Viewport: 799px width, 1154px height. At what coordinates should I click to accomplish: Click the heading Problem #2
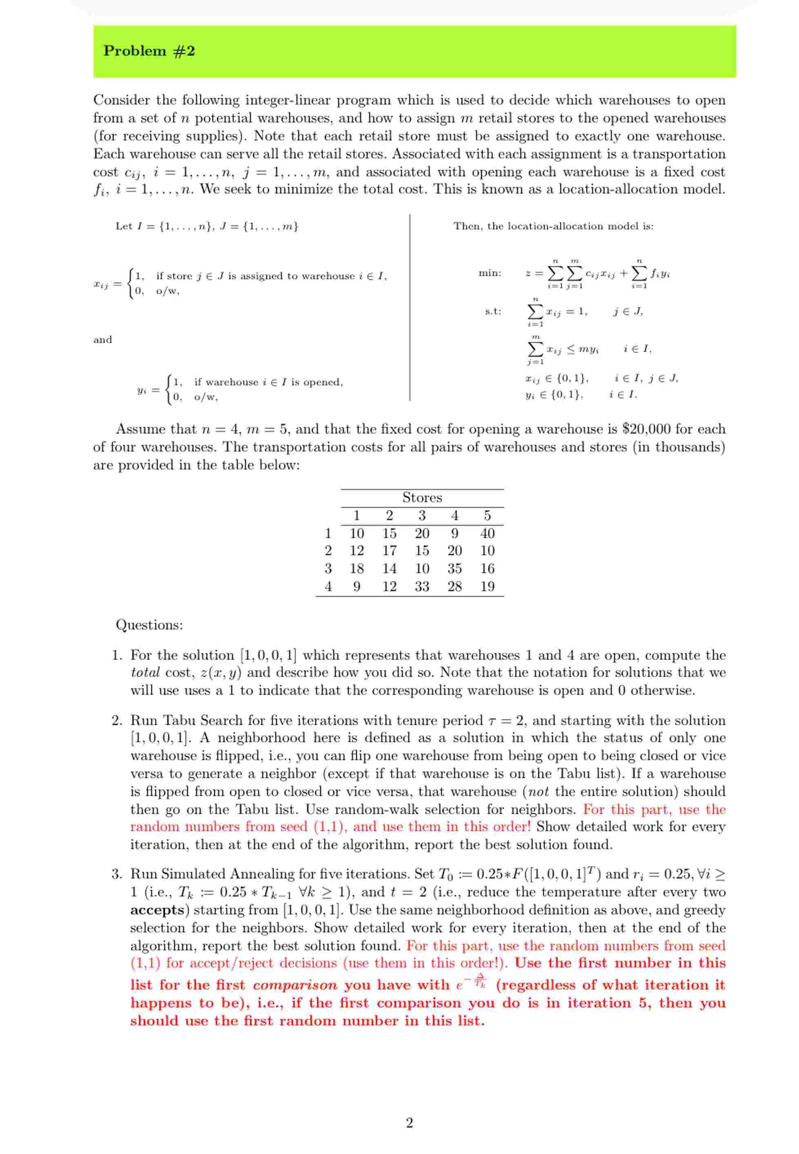[149, 51]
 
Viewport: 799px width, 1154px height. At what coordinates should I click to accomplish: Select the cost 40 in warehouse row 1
[487, 533]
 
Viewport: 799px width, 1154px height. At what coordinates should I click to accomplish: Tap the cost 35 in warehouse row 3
[454, 569]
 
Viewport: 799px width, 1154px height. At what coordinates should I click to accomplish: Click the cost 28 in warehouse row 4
[454, 586]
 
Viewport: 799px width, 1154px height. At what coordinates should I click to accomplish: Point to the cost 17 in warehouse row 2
[389, 551]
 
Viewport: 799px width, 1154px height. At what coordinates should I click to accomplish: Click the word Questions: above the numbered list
[149, 625]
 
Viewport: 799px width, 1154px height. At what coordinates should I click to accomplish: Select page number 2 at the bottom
[409, 1123]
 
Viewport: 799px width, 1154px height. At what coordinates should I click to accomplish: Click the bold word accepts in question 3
[157, 910]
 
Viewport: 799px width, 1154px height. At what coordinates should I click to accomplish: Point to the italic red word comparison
[295, 985]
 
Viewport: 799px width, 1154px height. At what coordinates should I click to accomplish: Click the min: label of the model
[490, 273]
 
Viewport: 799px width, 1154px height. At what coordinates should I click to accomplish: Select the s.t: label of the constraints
[493, 311]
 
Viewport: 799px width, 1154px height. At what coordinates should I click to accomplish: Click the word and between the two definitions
[102, 340]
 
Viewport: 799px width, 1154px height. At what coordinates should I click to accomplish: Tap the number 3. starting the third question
[117, 874]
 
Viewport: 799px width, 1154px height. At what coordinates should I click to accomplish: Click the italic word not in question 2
[538, 792]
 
